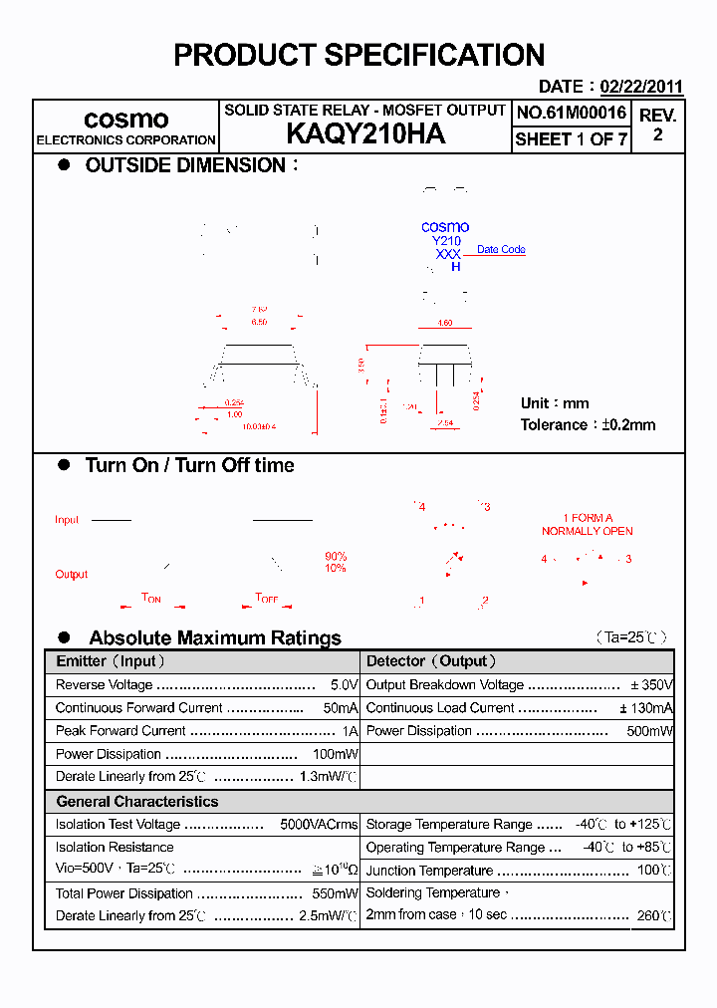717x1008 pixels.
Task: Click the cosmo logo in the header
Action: coord(125,120)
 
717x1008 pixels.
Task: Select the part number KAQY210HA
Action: coord(365,134)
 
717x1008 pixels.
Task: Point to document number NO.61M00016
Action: coord(572,113)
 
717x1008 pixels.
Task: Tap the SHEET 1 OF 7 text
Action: coord(572,139)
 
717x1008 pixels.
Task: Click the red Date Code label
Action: coord(501,250)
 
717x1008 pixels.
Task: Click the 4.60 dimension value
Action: coord(445,324)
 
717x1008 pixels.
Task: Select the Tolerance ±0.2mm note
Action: coord(588,425)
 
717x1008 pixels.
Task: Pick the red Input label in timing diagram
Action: coord(67,520)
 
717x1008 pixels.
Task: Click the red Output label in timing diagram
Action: coord(72,575)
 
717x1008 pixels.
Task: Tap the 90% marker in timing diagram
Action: coord(336,556)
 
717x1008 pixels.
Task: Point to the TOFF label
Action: coord(267,599)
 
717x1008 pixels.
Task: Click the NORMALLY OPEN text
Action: coord(587,532)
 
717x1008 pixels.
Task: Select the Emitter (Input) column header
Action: coord(111,661)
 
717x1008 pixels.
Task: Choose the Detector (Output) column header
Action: coord(431,661)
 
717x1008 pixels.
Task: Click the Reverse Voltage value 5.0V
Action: coord(344,685)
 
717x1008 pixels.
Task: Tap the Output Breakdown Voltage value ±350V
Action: coord(651,685)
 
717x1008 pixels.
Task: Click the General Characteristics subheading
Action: coord(136,802)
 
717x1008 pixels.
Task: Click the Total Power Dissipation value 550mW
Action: coord(335,893)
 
